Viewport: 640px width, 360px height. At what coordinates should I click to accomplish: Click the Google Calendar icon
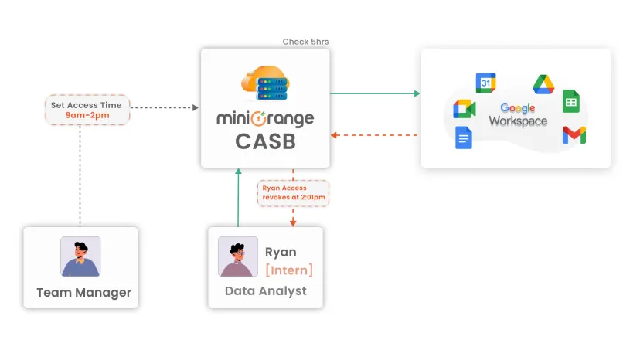[x=485, y=83]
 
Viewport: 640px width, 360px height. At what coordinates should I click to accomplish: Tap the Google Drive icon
[x=543, y=84]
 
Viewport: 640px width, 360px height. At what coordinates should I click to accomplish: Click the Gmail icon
[x=574, y=135]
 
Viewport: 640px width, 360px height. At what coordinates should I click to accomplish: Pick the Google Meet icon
[x=464, y=109]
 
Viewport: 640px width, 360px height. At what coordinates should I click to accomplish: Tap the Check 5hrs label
[x=305, y=42]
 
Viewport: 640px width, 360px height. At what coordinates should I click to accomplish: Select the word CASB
[x=265, y=142]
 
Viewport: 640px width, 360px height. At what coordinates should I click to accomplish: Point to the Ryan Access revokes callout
[x=293, y=193]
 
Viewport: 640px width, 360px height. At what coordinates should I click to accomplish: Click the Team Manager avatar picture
[x=80, y=256]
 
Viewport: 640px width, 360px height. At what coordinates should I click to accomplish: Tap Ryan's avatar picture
[x=238, y=256]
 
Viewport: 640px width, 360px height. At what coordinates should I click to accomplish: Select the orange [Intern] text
[x=289, y=270]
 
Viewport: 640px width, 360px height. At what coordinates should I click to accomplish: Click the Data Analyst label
[x=265, y=291]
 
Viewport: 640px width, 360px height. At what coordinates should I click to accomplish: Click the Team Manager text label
[x=83, y=293]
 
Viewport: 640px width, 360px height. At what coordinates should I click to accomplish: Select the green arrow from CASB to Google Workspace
[x=375, y=93]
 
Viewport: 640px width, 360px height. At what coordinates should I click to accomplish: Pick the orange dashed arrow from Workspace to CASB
[x=375, y=135]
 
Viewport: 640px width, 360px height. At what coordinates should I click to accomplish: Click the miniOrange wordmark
[x=265, y=119]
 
